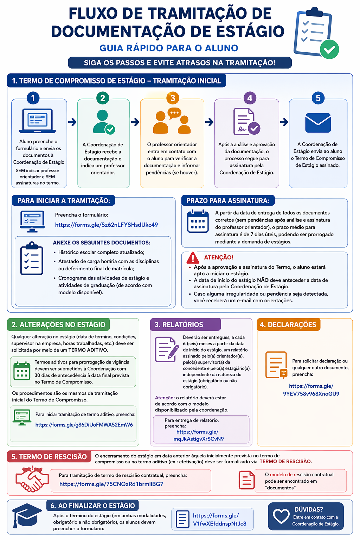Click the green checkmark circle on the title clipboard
[329, 49]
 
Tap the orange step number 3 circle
[173, 98]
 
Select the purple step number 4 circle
[250, 98]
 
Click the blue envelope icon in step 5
[318, 123]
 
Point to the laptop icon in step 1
[38, 121]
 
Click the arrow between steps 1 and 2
[72, 122]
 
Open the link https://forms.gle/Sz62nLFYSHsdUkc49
[106, 225]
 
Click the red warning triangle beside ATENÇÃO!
[193, 258]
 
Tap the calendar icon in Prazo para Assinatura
[198, 221]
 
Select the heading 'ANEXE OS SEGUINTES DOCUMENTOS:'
[102, 243]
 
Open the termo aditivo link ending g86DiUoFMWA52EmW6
[84, 425]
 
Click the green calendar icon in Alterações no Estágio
[22, 371]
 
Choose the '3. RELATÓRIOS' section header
[179, 324]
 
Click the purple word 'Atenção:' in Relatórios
[165, 398]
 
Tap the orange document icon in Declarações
[276, 365]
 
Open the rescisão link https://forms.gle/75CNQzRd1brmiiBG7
[111, 484]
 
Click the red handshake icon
[32, 479]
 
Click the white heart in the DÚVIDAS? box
[281, 516]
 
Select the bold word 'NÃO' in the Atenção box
[263, 280]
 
